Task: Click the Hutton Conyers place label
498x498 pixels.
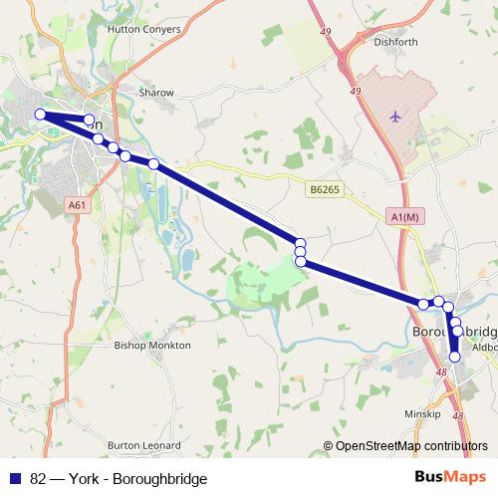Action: (x=144, y=30)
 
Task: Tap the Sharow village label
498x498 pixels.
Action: (x=156, y=93)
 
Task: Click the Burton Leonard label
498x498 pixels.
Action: (x=144, y=445)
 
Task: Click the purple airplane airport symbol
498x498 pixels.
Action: (x=395, y=117)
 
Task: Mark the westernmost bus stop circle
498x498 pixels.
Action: (x=41, y=115)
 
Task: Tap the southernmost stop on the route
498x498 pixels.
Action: (x=455, y=357)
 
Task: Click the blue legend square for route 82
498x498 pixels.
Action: (x=15, y=479)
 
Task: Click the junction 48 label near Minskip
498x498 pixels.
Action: (x=457, y=416)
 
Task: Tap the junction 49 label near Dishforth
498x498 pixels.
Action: (x=356, y=92)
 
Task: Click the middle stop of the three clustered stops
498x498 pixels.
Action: (x=300, y=252)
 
